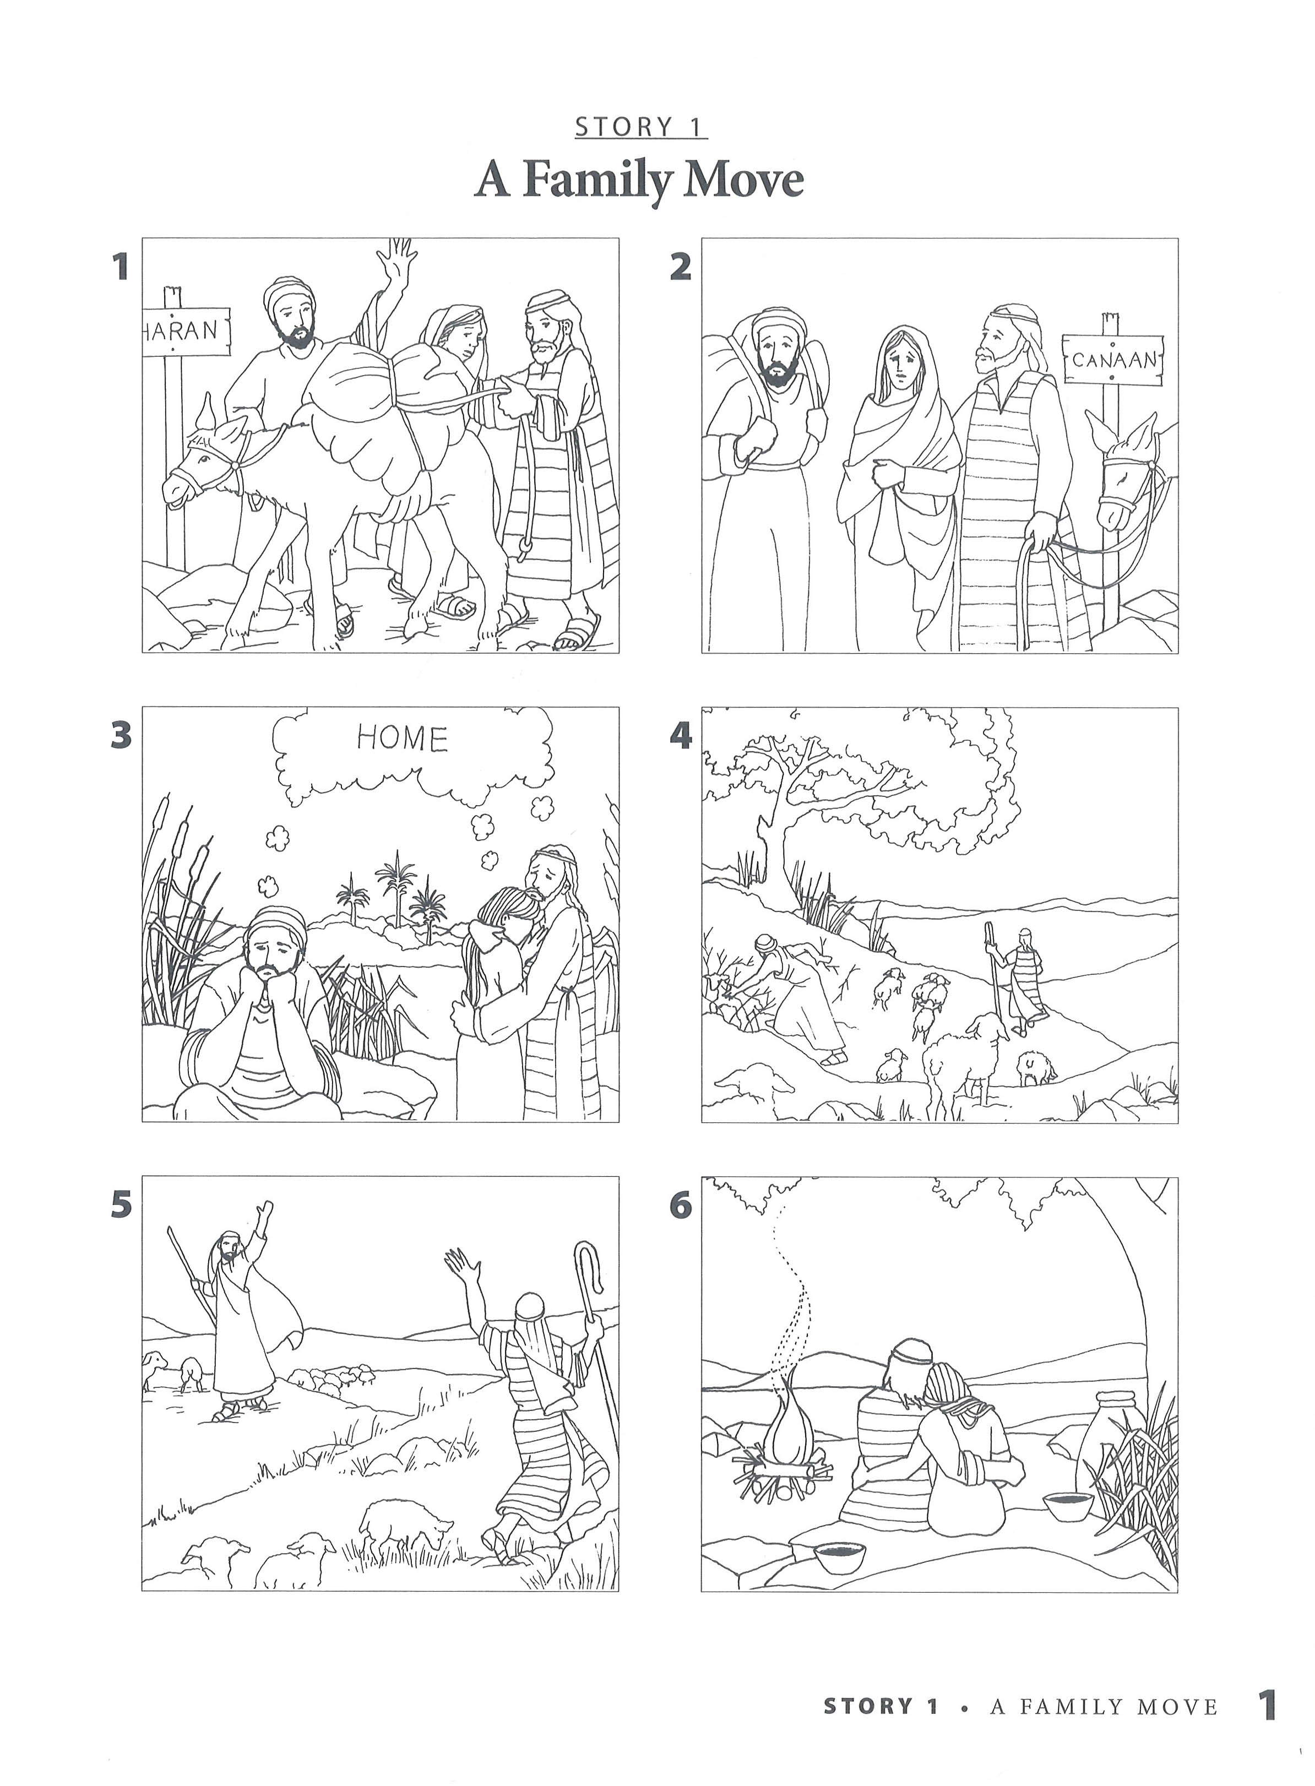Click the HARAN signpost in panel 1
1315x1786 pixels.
click(184, 329)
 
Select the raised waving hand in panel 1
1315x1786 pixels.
click(397, 259)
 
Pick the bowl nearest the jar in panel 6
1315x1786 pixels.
click(1067, 1503)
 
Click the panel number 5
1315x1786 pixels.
click(120, 1205)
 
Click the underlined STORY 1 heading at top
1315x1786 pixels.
click(641, 127)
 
